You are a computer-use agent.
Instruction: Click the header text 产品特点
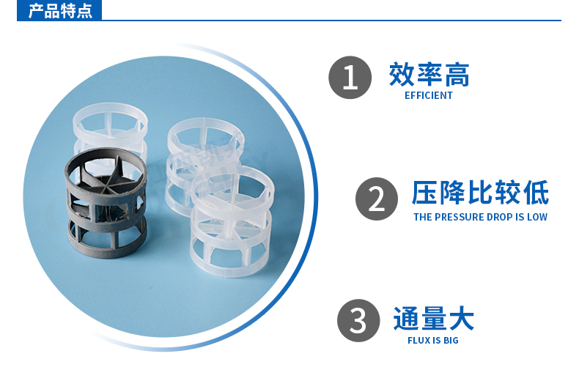tap(60, 12)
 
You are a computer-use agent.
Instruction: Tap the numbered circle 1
tap(350, 78)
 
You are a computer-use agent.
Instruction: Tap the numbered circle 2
tap(377, 199)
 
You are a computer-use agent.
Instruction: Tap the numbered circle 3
tap(358, 321)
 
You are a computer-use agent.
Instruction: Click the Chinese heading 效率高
tap(429, 75)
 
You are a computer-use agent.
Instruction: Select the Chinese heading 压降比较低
tap(480, 194)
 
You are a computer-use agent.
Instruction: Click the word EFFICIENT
tap(429, 95)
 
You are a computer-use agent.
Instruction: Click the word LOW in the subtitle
tap(536, 217)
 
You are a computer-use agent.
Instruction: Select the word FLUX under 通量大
tap(418, 341)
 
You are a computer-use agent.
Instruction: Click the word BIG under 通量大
tap(450, 341)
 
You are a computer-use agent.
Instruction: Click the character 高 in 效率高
tap(456, 75)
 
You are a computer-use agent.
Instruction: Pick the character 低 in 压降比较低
tap(536, 194)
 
